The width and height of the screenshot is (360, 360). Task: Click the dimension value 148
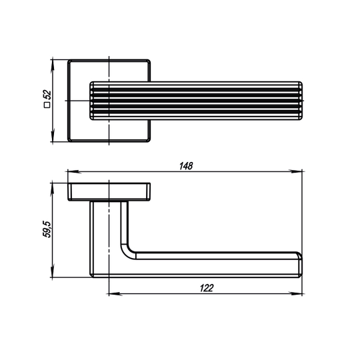(x=186, y=166)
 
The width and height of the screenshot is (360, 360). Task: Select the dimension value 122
(x=207, y=288)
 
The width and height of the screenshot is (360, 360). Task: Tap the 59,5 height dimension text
(x=47, y=229)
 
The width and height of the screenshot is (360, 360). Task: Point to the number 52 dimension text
(x=47, y=95)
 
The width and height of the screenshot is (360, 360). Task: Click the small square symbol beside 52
(x=47, y=105)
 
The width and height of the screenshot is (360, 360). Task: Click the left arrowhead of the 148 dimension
(x=74, y=171)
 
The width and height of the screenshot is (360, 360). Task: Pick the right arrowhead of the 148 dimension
(x=296, y=171)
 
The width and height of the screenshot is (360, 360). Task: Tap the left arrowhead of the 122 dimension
(x=115, y=293)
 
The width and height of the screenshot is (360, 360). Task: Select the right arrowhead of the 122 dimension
(x=296, y=293)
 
